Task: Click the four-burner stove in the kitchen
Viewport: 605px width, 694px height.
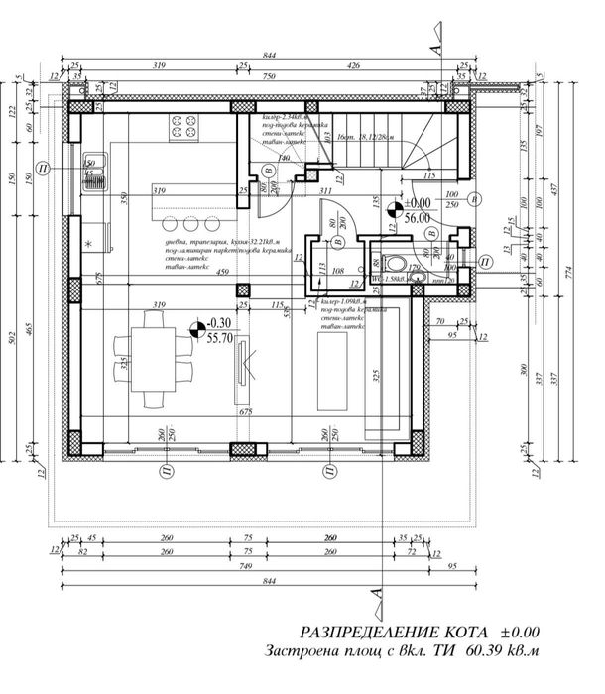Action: [x=184, y=127]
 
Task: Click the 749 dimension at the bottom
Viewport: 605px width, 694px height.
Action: [x=249, y=569]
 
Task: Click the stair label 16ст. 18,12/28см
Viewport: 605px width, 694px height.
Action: [x=359, y=138]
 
